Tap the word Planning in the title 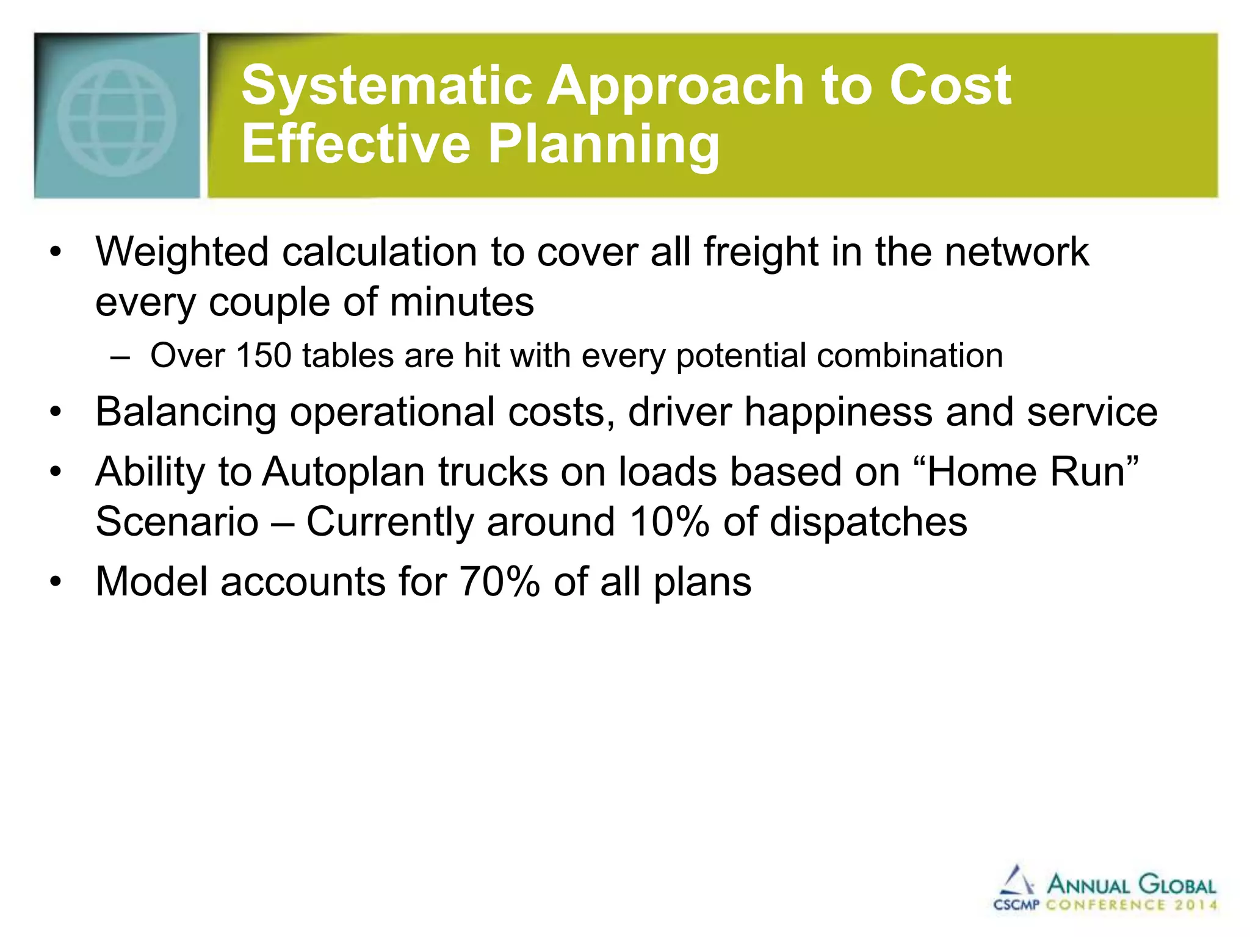coord(604,145)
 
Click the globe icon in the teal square coord(117,118)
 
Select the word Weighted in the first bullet coord(182,252)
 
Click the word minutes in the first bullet coord(461,302)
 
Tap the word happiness coord(838,412)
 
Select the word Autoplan coord(344,472)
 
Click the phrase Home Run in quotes coord(1026,472)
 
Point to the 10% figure coord(669,522)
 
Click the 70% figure coord(499,582)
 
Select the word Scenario coord(177,522)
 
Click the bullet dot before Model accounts coord(56,582)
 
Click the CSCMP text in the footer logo coord(1016,905)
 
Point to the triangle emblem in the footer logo coord(1016,880)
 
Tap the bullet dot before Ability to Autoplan coord(56,472)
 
